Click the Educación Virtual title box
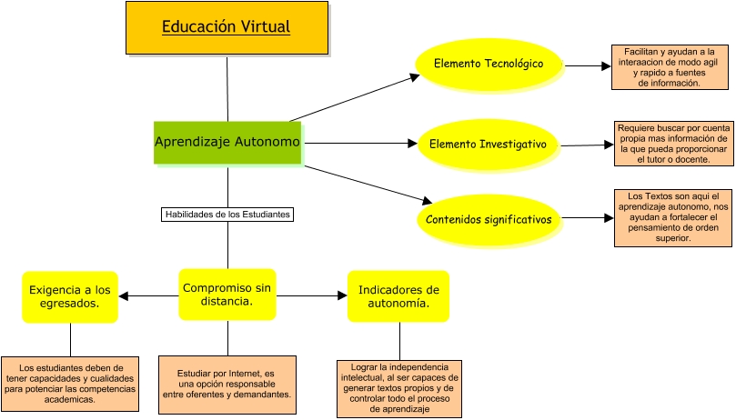click(x=227, y=27)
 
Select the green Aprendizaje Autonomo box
click(x=227, y=142)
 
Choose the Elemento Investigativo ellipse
click(x=488, y=144)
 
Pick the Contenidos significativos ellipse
click(x=489, y=219)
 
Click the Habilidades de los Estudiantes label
click(x=227, y=215)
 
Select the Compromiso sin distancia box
click(x=227, y=294)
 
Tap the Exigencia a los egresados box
click(x=70, y=296)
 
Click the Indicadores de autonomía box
click(x=398, y=296)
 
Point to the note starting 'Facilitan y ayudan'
click(x=670, y=67)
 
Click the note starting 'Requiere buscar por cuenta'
click(x=674, y=144)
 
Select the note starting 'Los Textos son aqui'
click(x=674, y=218)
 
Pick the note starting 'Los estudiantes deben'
click(x=70, y=383)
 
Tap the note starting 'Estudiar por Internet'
click(x=227, y=383)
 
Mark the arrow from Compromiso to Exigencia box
click(x=149, y=295)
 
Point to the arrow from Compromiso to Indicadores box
click(x=311, y=295)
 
